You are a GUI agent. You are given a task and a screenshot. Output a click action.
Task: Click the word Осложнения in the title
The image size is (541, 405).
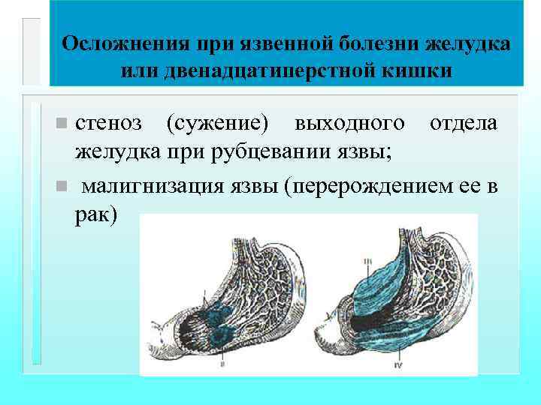[112, 43]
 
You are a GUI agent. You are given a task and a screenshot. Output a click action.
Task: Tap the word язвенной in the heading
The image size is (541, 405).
[280, 43]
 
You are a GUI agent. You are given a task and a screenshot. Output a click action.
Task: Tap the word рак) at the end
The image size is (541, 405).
[97, 214]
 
